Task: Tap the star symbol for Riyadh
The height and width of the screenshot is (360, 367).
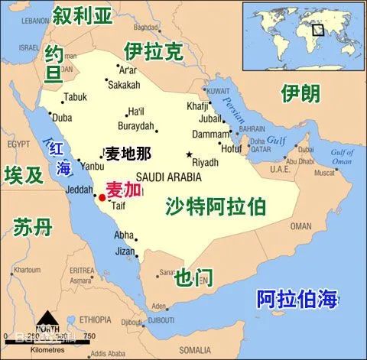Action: tap(189, 155)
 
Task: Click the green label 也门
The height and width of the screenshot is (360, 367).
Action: tap(193, 276)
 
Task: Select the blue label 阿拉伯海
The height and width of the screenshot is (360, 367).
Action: tap(297, 299)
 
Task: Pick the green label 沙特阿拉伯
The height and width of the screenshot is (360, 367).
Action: tap(215, 205)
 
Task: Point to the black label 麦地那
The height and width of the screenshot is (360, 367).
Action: tap(128, 153)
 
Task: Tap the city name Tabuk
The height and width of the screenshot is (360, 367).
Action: tap(76, 97)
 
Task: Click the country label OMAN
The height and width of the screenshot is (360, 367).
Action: tap(300, 226)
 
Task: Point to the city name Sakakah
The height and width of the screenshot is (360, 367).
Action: tap(127, 85)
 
